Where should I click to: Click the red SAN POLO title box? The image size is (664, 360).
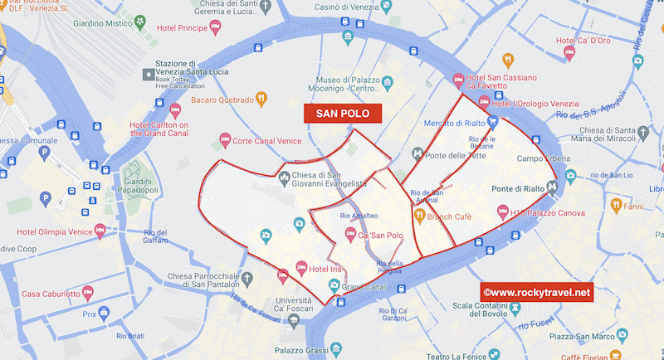point(343,114)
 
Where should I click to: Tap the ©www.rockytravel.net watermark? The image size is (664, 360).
point(536,292)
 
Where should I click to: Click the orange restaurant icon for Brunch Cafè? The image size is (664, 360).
point(420,216)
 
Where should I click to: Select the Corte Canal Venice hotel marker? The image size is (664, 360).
point(223,140)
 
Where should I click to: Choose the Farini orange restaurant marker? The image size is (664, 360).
point(615,204)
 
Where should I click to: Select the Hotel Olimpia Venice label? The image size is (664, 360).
point(54,231)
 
